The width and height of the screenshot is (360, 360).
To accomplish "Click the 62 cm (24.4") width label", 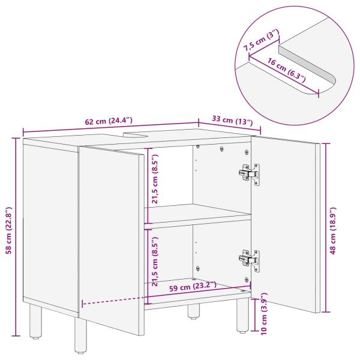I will click(x=110, y=122).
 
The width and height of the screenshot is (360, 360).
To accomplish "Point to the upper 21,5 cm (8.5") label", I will click(x=155, y=180).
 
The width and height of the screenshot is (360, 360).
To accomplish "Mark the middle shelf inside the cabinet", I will click(x=198, y=215).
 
